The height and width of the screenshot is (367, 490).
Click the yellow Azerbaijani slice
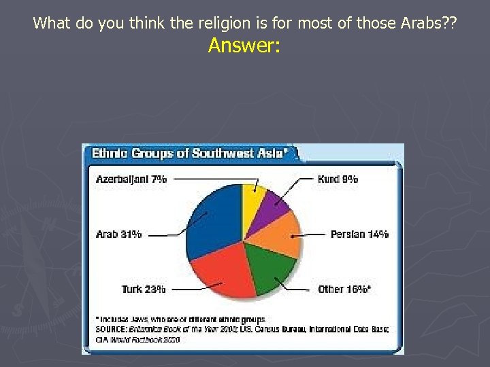click(x=252, y=196)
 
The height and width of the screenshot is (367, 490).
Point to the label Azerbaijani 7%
click(x=131, y=179)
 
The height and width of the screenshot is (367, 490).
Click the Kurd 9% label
click(x=338, y=179)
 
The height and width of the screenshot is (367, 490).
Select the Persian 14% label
click(x=359, y=234)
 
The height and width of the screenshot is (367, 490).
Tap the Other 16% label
click(x=344, y=289)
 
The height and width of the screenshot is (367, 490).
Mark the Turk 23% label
click(x=144, y=289)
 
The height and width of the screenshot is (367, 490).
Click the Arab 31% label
click(x=119, y=234)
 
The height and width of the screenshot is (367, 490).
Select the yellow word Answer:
click(x=244, y=46)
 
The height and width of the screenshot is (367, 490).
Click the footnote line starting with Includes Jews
click(x=180, y=318)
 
